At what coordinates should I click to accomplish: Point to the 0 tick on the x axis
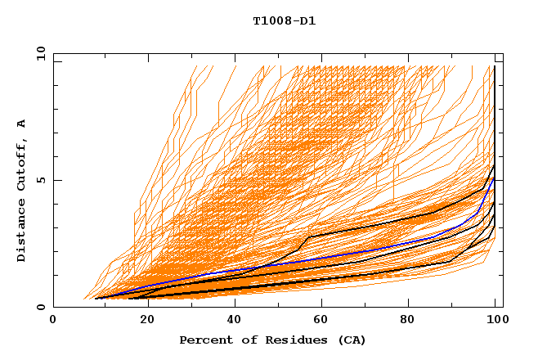(54, 321)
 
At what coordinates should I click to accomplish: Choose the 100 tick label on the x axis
(495, 321)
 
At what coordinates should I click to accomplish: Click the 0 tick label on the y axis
(40, 308)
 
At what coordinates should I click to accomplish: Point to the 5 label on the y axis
(40, 180)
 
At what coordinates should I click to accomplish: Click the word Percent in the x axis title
(204, 340)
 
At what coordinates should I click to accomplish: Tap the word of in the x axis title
(246, 340)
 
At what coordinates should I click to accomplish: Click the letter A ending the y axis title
(21, 124)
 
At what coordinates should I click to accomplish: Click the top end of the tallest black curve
(495, 67)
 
